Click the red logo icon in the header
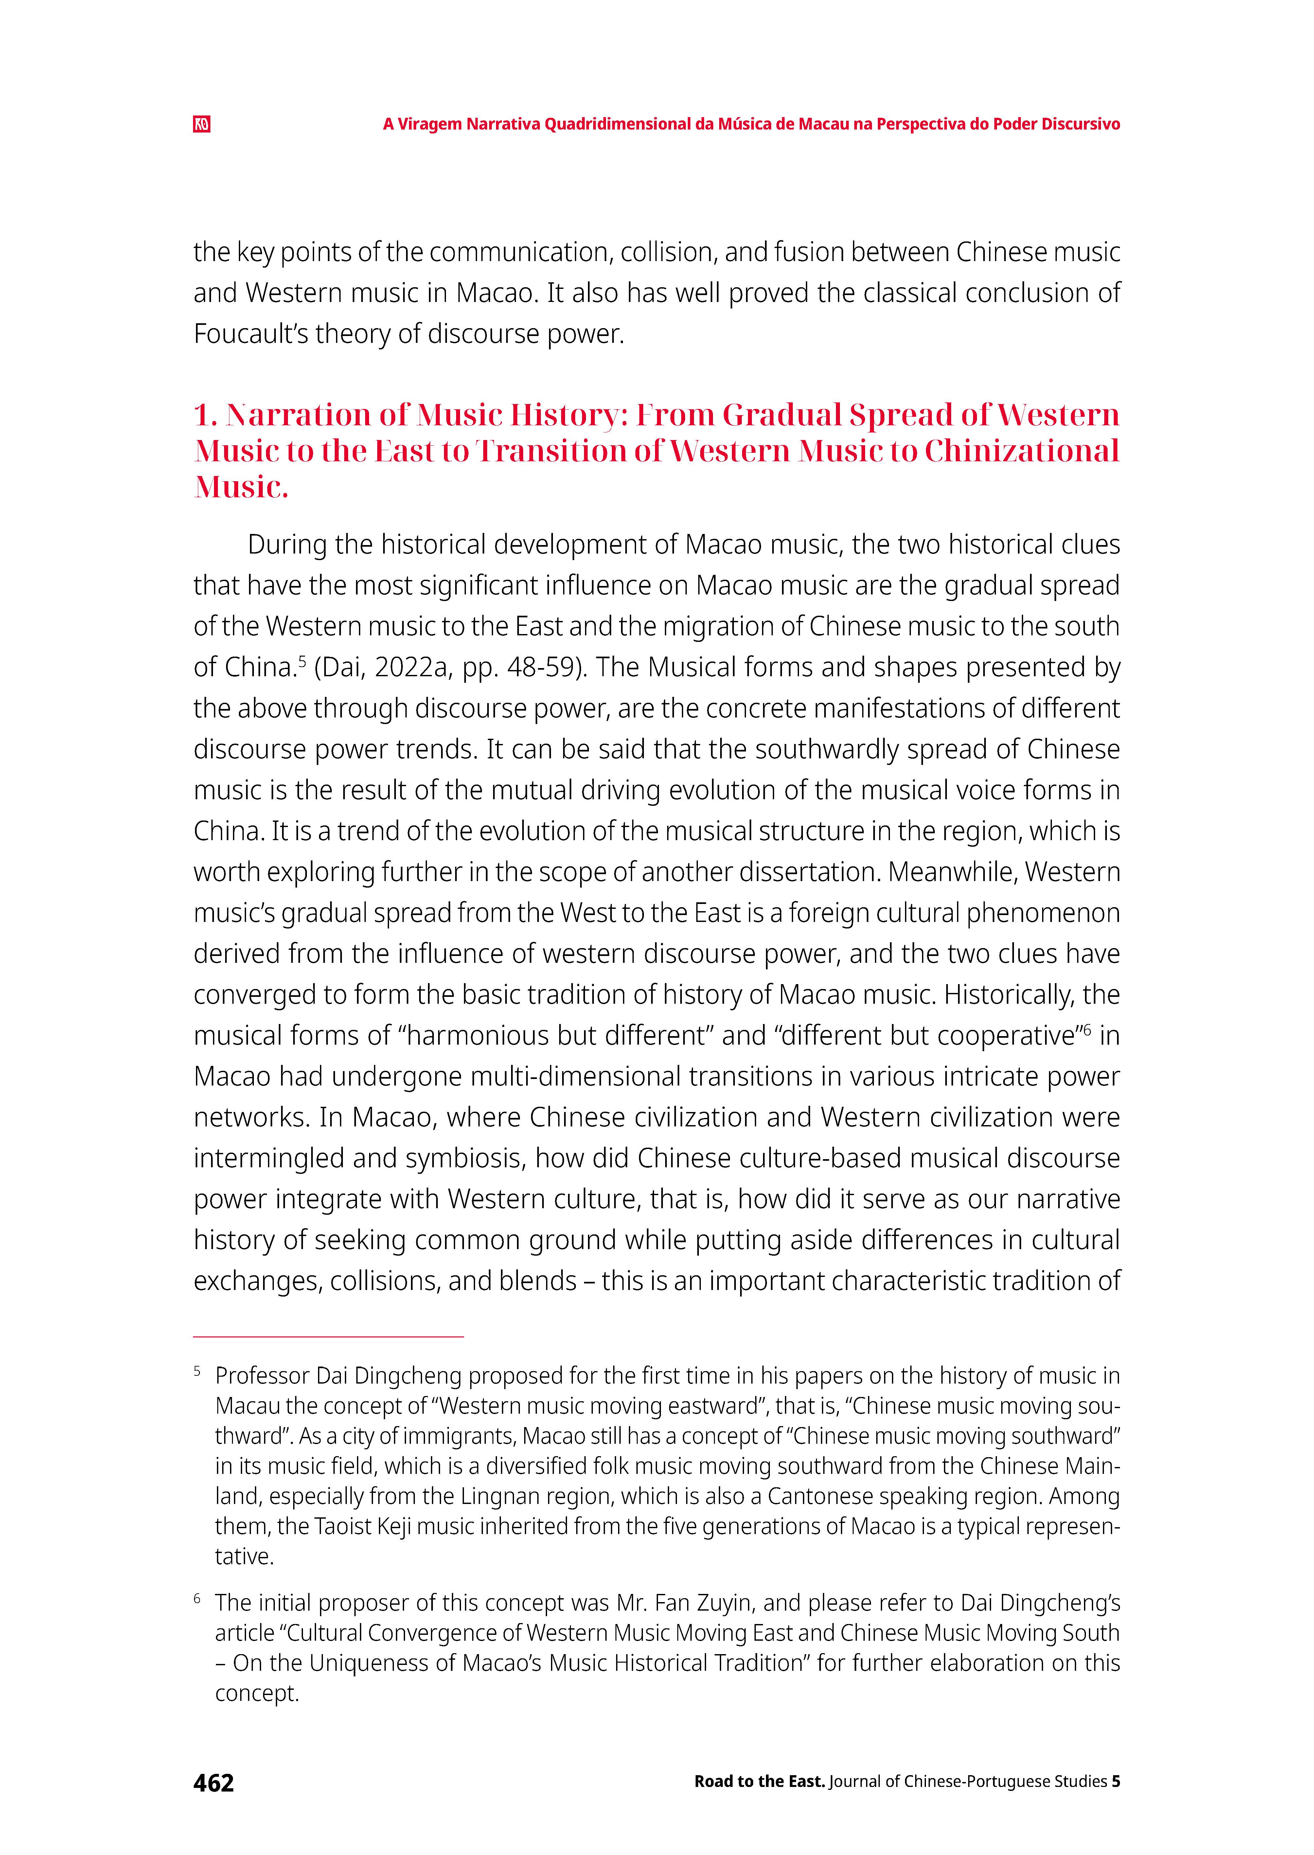pyautogui.click(x=202, y=125)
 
